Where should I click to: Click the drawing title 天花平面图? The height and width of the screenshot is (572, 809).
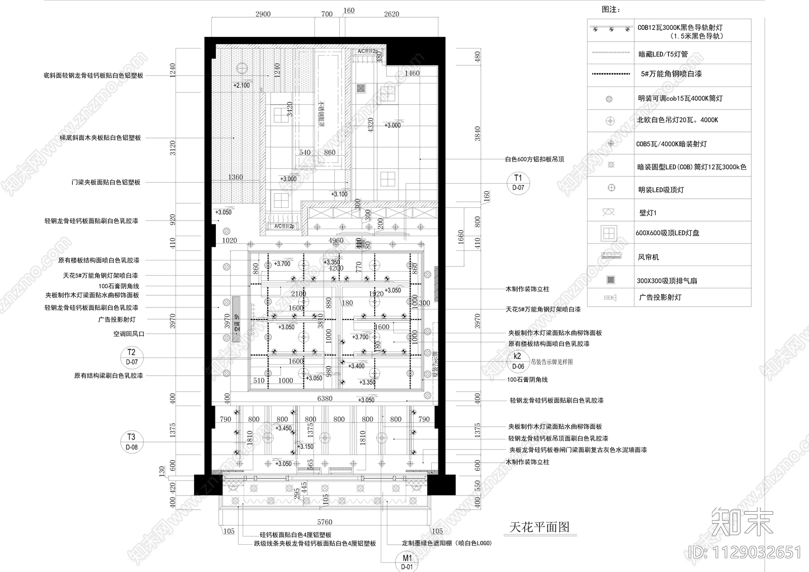[x=539, y=527]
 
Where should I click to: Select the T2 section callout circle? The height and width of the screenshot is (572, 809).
[x=131, y=357]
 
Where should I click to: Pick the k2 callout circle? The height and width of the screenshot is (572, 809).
[x=518, y=361]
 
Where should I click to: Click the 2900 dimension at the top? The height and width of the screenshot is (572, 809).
[x=263, y=14]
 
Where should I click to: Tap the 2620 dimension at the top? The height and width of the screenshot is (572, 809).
[x=391, y=14]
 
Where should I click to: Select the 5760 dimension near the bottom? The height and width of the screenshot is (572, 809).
[x=324, y=522]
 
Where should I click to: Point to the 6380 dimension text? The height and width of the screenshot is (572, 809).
[x=325, y=399]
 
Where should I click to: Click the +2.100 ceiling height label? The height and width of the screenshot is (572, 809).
[x=242, y=85]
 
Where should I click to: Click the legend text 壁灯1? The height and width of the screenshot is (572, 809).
[x=648, y=213]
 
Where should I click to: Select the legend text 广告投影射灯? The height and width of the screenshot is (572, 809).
[x=660, y=297]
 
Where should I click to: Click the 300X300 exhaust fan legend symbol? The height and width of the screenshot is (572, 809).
[x=611, y=280]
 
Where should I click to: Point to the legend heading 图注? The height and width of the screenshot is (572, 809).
[x=611, y=10]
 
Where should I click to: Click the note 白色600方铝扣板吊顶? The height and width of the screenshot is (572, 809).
[x=535, y=159]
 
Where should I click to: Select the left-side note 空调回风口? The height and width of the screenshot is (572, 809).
[x=129, y=334]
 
